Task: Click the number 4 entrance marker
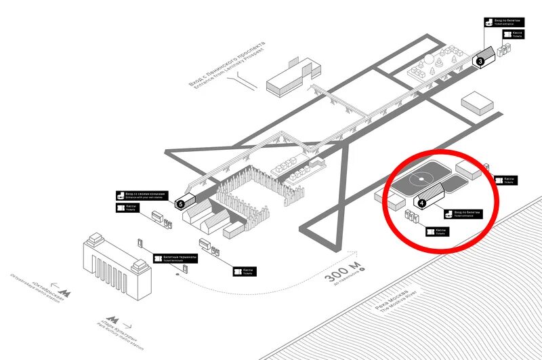tap(421, 202)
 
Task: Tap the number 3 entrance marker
tap(480, 62)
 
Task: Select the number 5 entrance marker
tap(180, 203)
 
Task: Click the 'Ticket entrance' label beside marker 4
tap(463, 214)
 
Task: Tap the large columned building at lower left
tap(115, 261)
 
